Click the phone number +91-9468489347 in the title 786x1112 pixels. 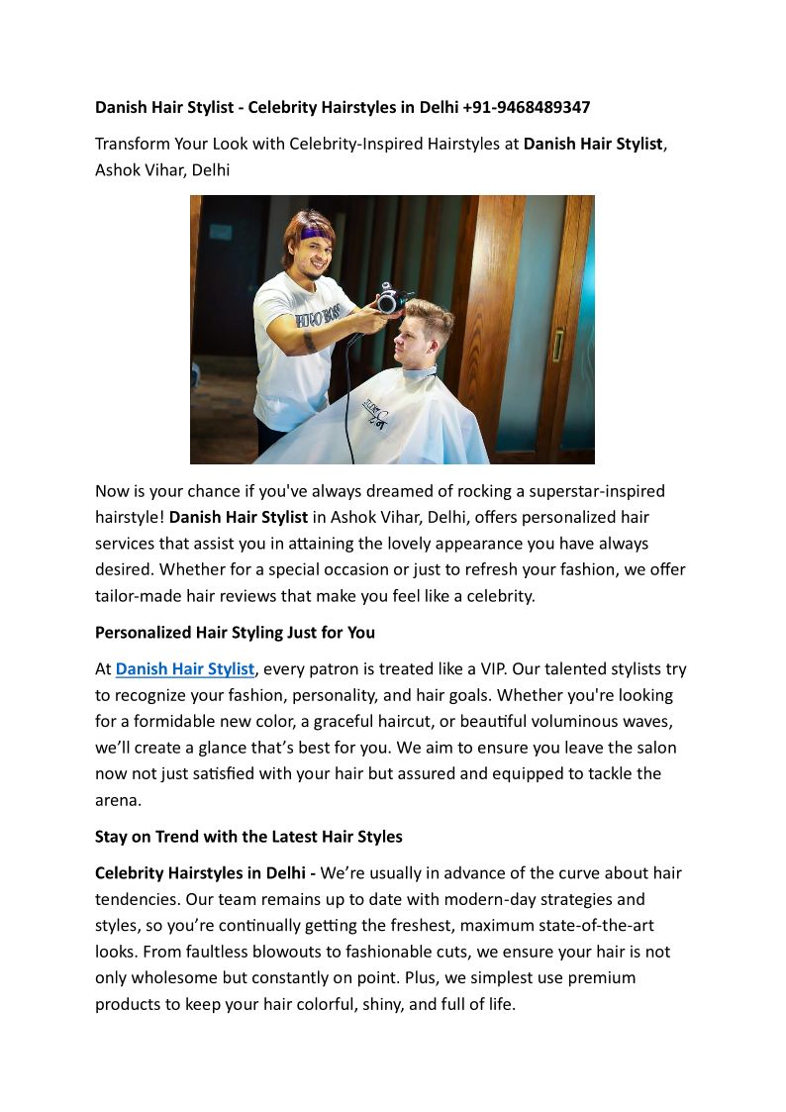click(526, 107)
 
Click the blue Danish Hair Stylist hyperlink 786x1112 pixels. click(185, 669)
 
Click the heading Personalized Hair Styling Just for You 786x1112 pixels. click(235, 632)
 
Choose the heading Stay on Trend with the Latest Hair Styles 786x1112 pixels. click(248, 837)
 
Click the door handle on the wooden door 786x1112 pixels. click(558, 346)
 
